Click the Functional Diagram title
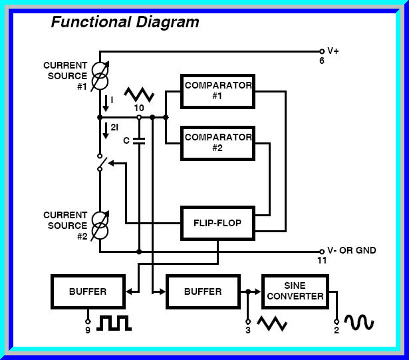click(x=125, y=22)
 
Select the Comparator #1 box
click(x=217, y=90)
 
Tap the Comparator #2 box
click(x=217, y=142)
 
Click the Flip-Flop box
click(x=217, y=224)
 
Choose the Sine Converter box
click(x=295, y=291)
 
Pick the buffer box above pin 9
click(x=87, y=292)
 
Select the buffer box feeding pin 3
click(x=203, y=292)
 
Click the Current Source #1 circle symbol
click(x=99, y=76)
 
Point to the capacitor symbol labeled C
click(x=139, y=140)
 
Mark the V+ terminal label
click(x=333, y=51)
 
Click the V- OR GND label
click(x=352, y=251)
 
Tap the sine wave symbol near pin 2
click(x=358, y=322)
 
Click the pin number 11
click(x=322, y=261)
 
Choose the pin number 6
click(x=322, y=61)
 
